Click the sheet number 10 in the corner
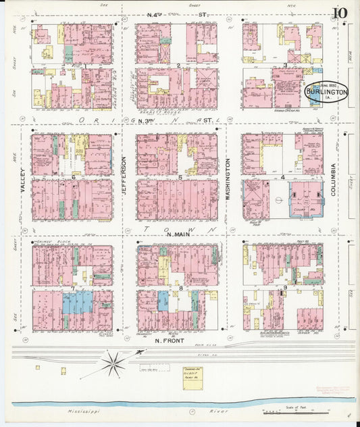tap(340, 13)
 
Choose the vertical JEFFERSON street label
tap(124, 176)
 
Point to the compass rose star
tap(113, 363)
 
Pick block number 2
tap(178, 66)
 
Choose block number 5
tap(180, 177)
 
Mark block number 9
tap(286, 288)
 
